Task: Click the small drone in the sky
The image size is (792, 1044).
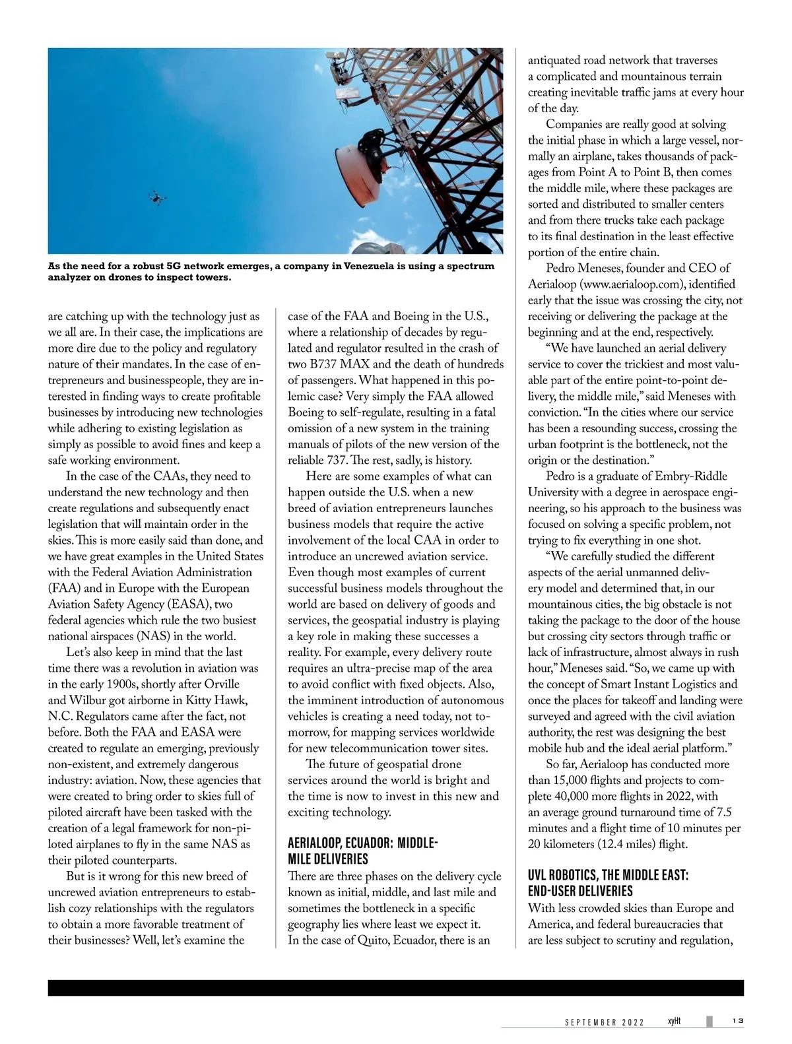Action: (x=157, y=197)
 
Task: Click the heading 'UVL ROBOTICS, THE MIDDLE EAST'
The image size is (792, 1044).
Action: (x=608, y=883)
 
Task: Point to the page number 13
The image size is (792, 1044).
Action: (x=737, y=1021)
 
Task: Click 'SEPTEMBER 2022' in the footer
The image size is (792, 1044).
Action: (x=605, y=1022)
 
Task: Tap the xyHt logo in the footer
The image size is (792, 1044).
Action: (x=673, y=1021)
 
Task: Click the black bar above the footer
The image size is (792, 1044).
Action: (x=395, y=987)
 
